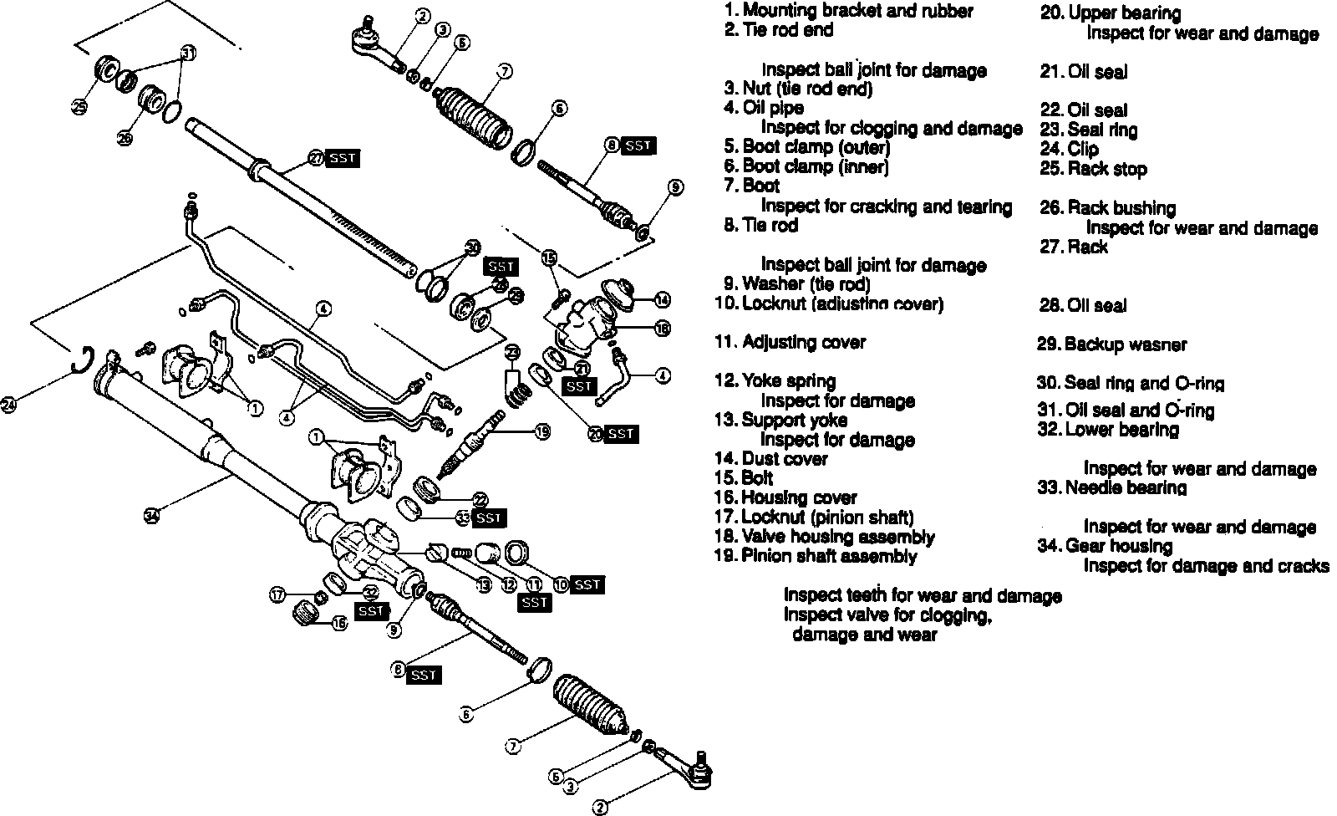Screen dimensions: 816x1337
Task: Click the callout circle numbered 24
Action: click(9, 405)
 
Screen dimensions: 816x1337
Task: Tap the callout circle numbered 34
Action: click(150, 515)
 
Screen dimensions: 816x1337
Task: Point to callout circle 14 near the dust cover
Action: click(662, 299)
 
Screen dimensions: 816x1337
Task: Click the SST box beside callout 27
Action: click(343, 158)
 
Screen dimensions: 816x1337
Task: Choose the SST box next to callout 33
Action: click(489, 518)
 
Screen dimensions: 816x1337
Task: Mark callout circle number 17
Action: click(277, 595)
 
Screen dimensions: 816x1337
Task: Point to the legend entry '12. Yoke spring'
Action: click(775, 381)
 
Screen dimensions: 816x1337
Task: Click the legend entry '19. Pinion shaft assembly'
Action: click(816, 556)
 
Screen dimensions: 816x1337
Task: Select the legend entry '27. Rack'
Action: click(1074, 247)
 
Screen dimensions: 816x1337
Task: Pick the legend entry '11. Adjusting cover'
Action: click(791, 342)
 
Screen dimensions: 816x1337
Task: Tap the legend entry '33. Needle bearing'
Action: click(1111, 487)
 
